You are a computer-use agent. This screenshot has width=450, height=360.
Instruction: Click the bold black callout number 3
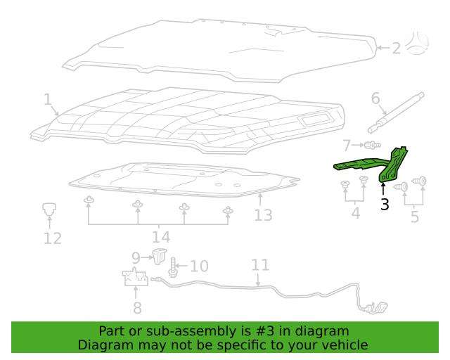point(385,204)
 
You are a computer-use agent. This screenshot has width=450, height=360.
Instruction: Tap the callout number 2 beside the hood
point(397,49)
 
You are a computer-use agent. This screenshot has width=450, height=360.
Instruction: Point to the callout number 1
point(48,100)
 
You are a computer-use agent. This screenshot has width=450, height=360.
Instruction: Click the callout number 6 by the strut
point(375,98)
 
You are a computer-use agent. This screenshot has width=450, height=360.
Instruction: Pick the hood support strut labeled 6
point(396,112)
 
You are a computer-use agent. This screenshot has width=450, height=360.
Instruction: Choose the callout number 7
point(347,146)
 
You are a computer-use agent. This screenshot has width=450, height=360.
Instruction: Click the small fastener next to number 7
point(372,145)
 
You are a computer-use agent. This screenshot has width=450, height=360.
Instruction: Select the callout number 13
point(263,215)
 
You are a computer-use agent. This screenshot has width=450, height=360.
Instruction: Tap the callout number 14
point(161,237)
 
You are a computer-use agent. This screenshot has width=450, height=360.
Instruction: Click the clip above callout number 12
point(49,209)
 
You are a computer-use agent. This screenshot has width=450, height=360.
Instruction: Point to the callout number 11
point(260,265)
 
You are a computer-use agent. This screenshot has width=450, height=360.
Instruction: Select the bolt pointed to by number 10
point(173,268)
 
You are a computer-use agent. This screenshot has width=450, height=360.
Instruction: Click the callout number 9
point(136,258)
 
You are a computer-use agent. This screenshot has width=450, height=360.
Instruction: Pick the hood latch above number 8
point(135,277)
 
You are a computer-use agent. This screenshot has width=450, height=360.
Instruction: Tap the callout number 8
point(138,308)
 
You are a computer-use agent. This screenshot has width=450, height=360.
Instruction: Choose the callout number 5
point(415,217)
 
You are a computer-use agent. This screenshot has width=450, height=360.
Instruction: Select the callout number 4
point(356,213)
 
